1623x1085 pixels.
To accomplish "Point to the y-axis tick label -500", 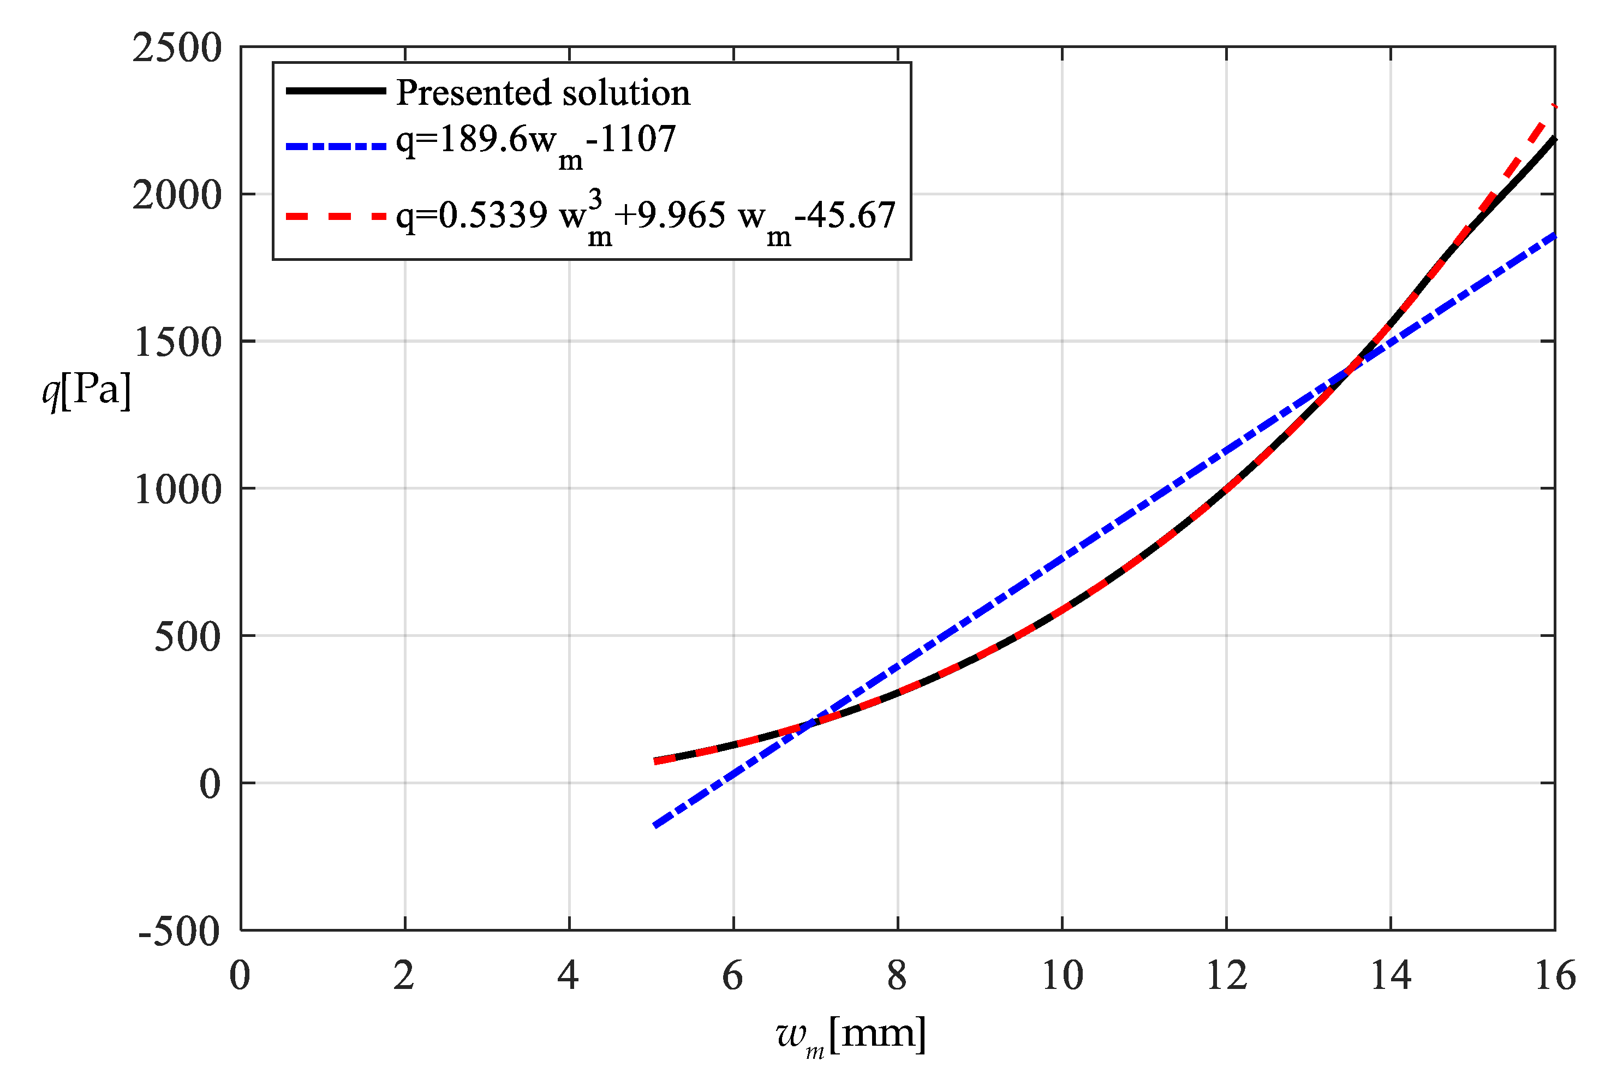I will pyautogui.click(x=179, y=932).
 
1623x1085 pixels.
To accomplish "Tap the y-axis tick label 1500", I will pyautogui.click(x=177, y=343).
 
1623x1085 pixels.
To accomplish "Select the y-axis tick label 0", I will pyautogui.click(x=210, y=784).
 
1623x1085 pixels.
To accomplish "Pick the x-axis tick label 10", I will pyautogui.click(x=1062, y=976).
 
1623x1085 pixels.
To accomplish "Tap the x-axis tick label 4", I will pyautogui.click(x=568, y=976).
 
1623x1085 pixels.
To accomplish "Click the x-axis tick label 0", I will pyautogui.click(x=240, y=976).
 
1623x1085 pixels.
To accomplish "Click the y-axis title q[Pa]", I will pyautogui.click(x=86, y=391).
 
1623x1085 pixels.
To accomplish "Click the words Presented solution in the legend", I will pyautogui.click(x=543, y=93).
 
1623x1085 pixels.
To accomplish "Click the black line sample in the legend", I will pyautogui.click(x=336, y=91).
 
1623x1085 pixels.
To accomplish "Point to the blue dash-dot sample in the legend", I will pyautogui.click(x=336, y=147).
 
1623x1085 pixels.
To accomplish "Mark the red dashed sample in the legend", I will pyautogui.click(x=336, y=217).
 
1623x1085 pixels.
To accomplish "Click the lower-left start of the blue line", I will pyautogui.click(x=654, y=826).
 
